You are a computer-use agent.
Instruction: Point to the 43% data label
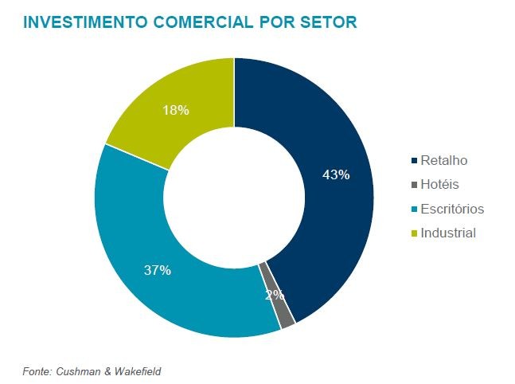click(x=336, y=174)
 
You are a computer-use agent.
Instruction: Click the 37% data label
click(x=158, y=270)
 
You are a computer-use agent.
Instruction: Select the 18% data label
click(x=175, y=110)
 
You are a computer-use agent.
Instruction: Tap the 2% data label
click(x=275, y=295)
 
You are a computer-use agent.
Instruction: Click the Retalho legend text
click(x=444, y=160)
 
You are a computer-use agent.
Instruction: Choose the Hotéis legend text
click(x=440, y=185)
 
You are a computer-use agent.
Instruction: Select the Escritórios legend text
click(x=452, y=209)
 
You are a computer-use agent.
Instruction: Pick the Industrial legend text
click(x=448, y=233)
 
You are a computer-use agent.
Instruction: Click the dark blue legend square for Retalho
click(x=413, y=161)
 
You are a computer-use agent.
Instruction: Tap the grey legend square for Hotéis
click(x=413, y=185)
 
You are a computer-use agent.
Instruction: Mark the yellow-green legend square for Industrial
click(x=413, y=233)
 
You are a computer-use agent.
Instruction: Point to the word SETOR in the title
click(x=330, y=22)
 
